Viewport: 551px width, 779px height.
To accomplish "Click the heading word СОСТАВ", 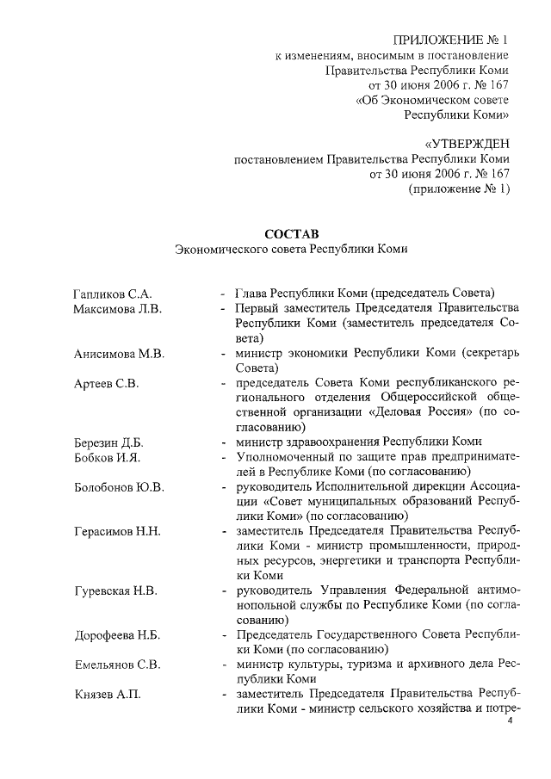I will (290, 233).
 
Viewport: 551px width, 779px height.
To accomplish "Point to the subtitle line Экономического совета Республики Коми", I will (290, 249).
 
